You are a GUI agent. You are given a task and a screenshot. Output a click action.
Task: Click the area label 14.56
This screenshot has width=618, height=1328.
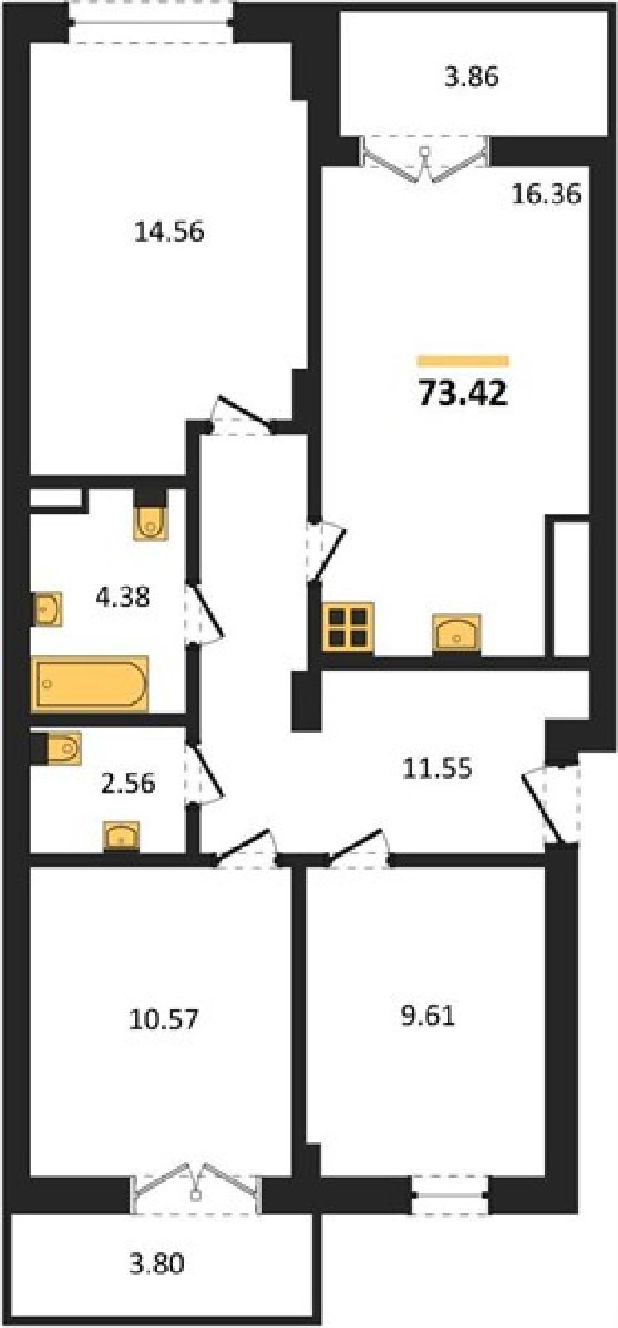click(169, 232)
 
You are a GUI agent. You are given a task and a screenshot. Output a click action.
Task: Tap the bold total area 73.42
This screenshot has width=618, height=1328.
click(463, 393)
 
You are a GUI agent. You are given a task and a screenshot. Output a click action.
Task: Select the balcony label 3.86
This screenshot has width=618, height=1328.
click(472, 77)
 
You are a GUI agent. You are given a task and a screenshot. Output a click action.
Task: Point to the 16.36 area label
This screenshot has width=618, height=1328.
click(547, 194)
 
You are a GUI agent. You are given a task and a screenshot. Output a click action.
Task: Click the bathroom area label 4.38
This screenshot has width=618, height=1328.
click(123, 597)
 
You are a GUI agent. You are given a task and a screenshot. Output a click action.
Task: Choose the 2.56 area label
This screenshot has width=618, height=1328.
click(128, 783)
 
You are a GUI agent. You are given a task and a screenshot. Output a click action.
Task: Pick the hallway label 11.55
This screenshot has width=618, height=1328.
click(437, 769)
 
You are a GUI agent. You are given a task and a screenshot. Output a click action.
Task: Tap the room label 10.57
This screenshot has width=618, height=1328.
click(164, 1020)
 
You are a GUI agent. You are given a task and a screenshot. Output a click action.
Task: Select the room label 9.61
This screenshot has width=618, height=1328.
click(428, 1017)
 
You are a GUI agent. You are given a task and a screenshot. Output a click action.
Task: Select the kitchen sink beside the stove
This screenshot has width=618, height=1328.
click(457, 635)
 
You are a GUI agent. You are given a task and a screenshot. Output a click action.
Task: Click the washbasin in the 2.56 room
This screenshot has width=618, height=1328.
click(121, 836)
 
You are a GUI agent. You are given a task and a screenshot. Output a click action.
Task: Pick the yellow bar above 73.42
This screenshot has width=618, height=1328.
click(463, 361)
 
